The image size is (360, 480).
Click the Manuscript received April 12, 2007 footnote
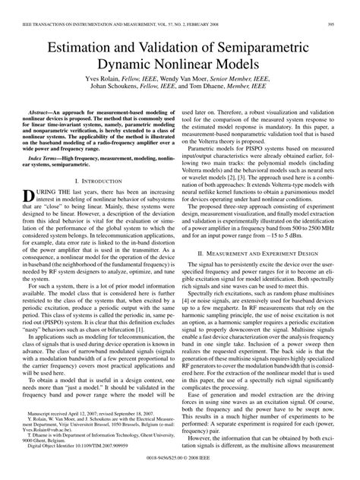click(90, 418)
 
